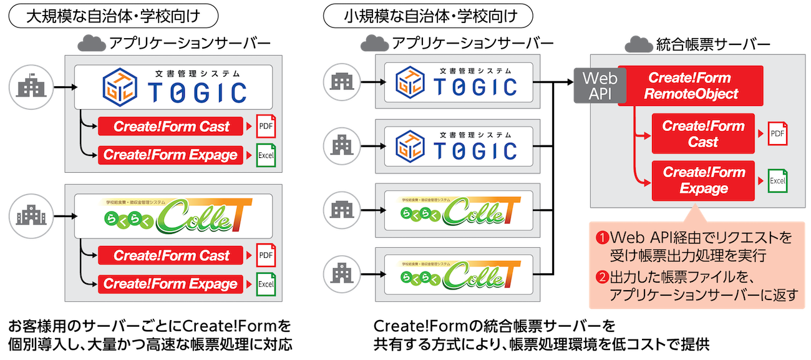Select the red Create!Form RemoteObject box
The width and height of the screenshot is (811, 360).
(x=691, y=86)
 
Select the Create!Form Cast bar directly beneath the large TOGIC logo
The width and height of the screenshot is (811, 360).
(x=172, y=127)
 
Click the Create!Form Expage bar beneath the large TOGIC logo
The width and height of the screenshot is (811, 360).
(x=172, y=155)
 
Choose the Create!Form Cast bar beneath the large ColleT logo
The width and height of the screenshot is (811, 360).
(x=172, y=256)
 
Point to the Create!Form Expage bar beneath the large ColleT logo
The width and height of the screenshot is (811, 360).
(x=172, y=284)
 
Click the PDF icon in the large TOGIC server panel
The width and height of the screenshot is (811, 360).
(x=266, y=127)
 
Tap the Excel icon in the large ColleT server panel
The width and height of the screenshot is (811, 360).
(x=266, y=284)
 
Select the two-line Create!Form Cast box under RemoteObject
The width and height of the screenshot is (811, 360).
(x=703, y=134)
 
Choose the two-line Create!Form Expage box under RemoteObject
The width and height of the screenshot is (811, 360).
(x=703, y=181)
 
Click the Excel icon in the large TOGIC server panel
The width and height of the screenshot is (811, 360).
(x=266, y=155)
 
